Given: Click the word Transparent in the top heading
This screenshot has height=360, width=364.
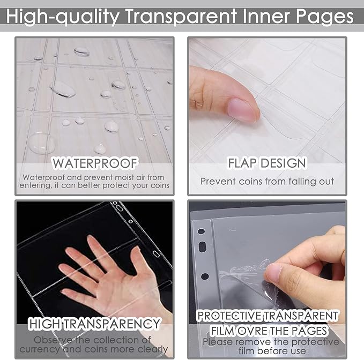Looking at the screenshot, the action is tap(181, 17).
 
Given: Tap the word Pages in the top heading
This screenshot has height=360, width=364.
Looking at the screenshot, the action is tap(325, 17).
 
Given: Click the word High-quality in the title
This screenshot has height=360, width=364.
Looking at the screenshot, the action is tap(63, 17).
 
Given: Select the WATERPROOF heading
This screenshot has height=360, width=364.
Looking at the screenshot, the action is tap(95, 163).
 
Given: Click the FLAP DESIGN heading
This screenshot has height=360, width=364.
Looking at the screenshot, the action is tap(267, 163).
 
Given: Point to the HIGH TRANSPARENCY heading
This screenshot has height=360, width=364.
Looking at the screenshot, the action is tap(94, 324).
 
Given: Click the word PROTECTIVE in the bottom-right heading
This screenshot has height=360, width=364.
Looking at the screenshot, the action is tap(229, 316).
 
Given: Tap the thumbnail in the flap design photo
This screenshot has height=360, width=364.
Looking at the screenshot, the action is tap(241, 109).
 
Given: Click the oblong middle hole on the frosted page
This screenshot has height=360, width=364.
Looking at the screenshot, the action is tap(203, 246).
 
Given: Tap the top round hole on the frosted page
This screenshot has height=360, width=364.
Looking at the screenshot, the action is tap(201, 231).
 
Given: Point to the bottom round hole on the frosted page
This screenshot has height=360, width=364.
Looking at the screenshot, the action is tap(205, 276).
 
